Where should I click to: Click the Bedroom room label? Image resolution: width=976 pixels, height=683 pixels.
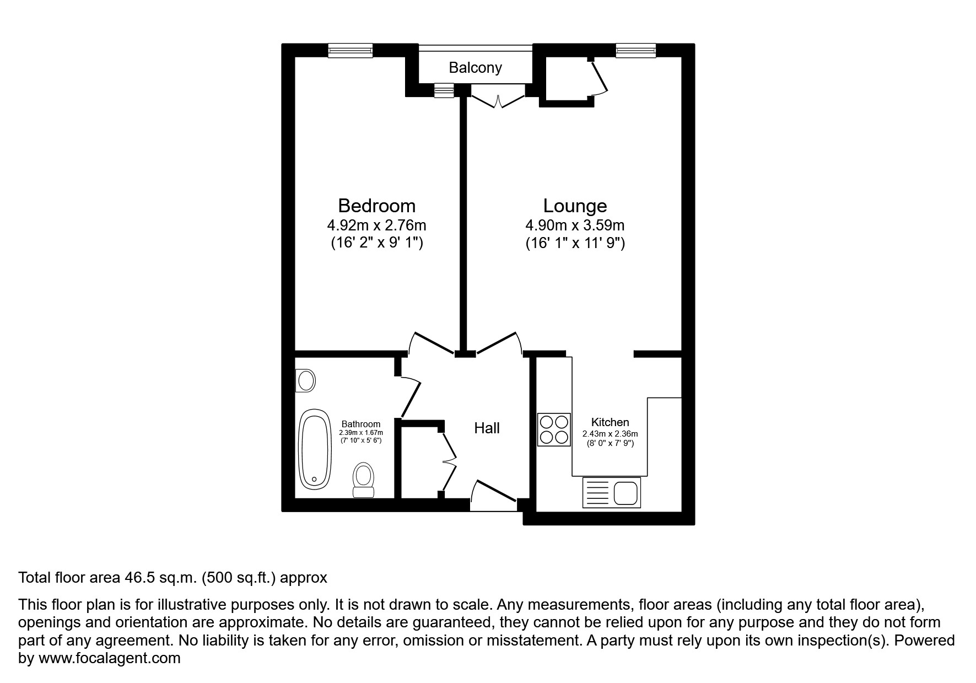pos(376,206)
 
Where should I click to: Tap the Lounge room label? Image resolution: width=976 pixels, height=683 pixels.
pos(575,206)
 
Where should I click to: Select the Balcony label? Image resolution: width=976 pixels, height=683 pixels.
pos(475,68)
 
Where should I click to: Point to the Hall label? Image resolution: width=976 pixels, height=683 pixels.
pos(487,428)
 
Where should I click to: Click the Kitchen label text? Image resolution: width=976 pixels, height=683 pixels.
pos(610,422)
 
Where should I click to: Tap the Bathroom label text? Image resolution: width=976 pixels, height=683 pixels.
pos(360,424)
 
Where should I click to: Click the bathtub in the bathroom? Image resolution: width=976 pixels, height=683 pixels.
pos(314,449)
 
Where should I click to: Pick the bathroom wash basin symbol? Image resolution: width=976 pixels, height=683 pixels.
pos(305,380)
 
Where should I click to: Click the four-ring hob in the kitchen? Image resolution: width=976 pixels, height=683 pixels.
pos(554,429)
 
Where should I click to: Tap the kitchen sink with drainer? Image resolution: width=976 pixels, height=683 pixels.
pos(611,492)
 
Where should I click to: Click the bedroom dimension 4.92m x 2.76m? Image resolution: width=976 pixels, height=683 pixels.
pos(376,225)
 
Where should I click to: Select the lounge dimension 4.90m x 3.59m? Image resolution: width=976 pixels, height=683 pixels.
pos(575,225)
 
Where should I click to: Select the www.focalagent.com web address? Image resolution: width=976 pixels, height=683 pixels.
pos(109,658)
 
